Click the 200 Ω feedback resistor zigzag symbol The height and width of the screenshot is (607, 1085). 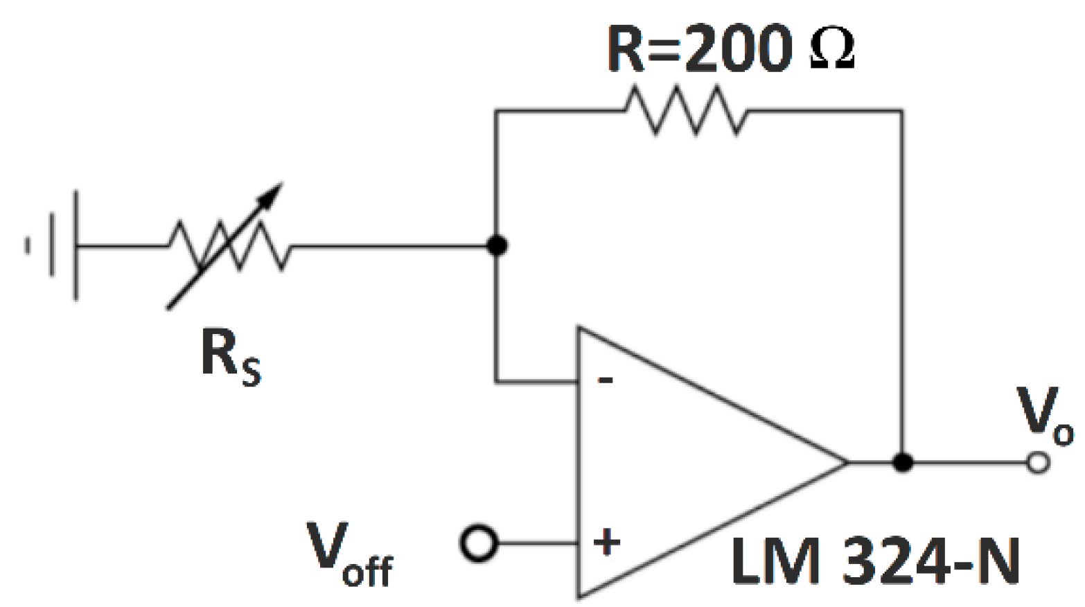686,110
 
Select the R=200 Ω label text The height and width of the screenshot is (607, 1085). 730,49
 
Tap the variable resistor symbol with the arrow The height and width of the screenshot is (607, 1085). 229,246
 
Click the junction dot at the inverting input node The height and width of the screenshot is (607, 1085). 497,245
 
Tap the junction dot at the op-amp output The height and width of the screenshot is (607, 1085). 902,462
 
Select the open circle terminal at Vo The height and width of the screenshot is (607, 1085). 1037,462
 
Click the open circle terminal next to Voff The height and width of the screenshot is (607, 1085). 479,543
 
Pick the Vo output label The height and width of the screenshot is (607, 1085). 1043,416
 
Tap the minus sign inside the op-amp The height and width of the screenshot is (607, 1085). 606,380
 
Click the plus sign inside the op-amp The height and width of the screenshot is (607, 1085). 606,543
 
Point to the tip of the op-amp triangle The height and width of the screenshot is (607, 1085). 847,462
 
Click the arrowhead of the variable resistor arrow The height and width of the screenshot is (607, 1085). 274,192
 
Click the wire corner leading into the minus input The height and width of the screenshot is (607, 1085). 496,381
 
